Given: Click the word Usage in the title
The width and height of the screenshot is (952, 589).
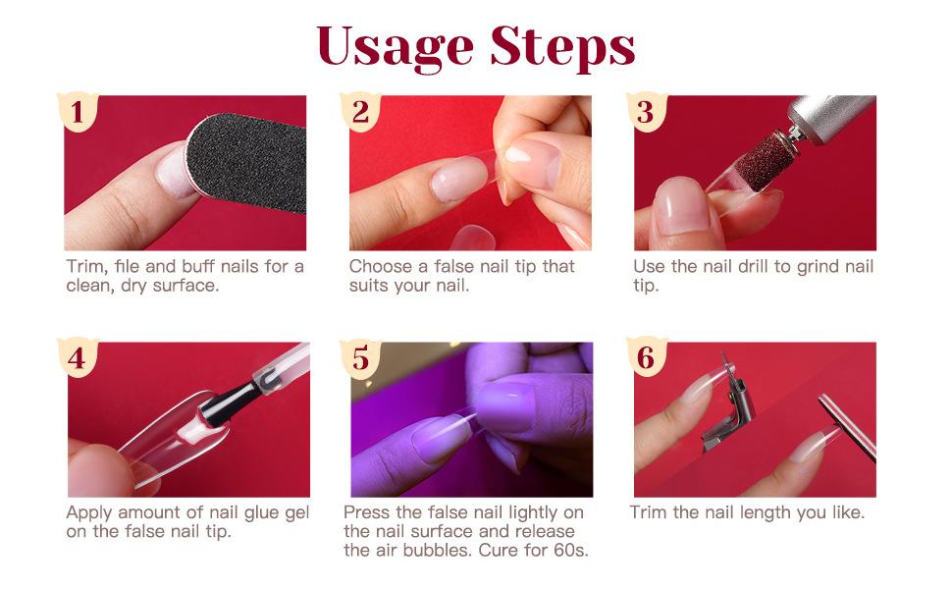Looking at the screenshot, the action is [395, 47].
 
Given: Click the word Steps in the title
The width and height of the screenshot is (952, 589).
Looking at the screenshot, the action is [562, 47].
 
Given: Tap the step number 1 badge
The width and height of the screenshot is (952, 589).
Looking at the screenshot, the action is [78, 111].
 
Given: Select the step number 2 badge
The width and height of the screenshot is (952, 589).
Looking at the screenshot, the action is [360, 111].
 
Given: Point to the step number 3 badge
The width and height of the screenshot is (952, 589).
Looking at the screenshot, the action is [646, 111].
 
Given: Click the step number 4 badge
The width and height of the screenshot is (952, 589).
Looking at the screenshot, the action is [78, 357].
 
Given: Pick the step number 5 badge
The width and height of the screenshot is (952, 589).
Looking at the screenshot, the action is [360, 357].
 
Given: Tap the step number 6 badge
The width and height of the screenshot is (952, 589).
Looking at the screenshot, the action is [646, 357].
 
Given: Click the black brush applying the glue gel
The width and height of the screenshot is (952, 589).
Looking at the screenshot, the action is [231, 403].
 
